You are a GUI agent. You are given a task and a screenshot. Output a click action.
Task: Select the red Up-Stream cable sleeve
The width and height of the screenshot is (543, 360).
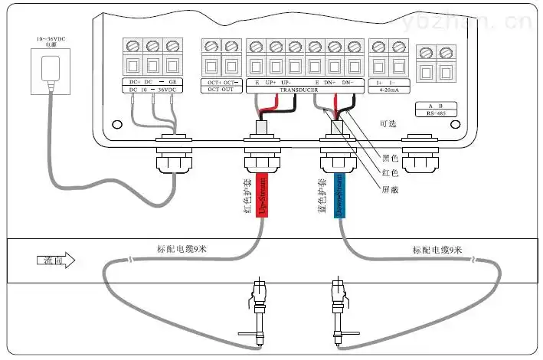click(260, 195)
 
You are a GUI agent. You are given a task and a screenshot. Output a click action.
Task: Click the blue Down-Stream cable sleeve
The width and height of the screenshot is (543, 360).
click(339, 195)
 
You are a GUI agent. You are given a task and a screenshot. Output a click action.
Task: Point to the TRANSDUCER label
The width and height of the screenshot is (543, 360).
click(299, 90)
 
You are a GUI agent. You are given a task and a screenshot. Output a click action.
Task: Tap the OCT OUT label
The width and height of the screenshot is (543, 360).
click(221, 90)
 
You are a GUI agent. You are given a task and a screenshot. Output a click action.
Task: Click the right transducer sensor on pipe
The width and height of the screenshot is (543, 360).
click(338, 306)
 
